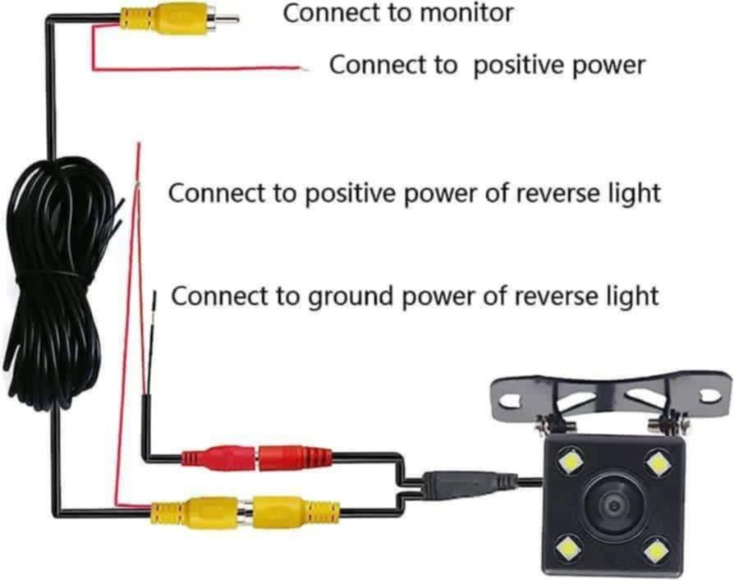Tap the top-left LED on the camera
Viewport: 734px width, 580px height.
tap(569, 464)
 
